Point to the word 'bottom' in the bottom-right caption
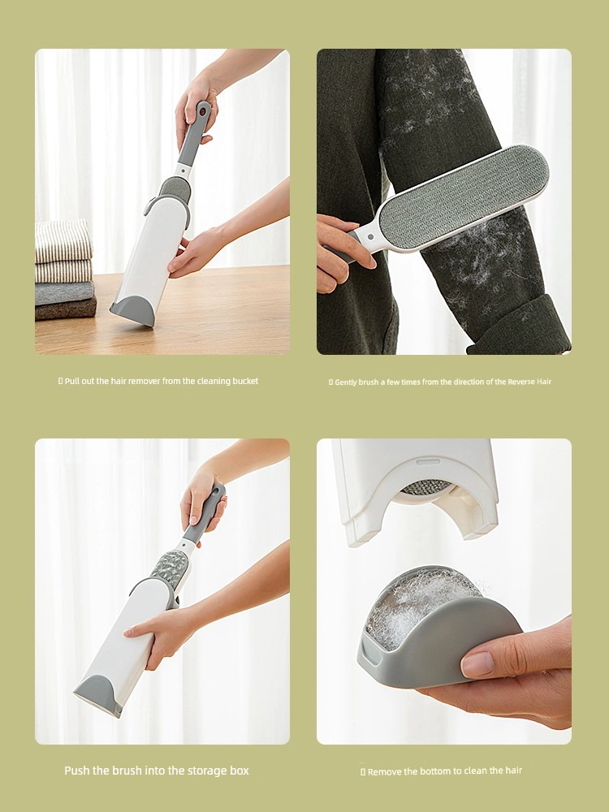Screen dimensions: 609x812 point(425,771)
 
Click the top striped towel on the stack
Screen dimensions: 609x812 point(63,241)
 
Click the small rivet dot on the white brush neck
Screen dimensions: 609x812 point(369,236)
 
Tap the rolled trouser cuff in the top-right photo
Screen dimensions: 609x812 point(520,326)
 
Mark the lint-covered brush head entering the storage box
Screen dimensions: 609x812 point(170,570)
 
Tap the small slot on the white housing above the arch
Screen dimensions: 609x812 point(428,461)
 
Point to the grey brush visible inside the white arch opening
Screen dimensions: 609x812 point(426,486)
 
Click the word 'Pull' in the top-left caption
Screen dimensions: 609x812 point(72,381)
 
